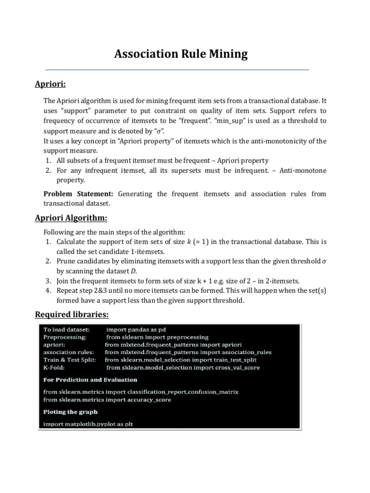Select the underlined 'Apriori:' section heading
pos(50,84)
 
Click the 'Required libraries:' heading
pos(72,315)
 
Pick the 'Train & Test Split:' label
pos(70,360)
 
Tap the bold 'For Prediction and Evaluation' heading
pos(90,380)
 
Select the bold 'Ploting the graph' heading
pos(70,412)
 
